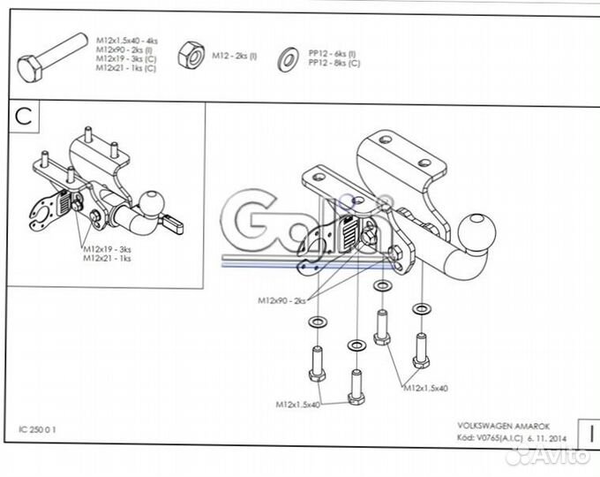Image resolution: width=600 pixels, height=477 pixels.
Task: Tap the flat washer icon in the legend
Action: [288, 57]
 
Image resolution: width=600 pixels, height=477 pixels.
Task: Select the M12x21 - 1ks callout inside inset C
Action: [108, 259]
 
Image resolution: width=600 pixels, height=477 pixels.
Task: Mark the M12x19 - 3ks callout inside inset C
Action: [108, 249]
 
